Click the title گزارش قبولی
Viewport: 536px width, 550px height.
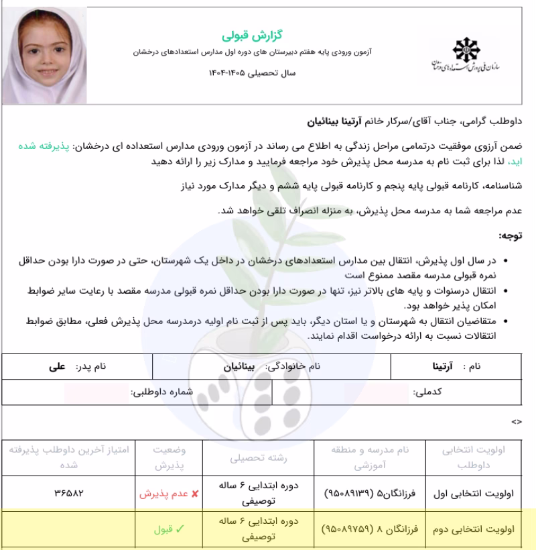tap(243, 34)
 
